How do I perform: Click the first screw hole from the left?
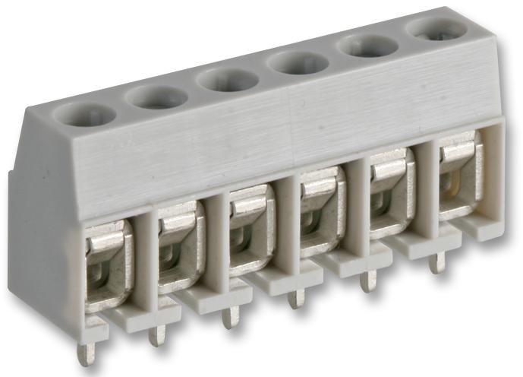[x=84, y=115]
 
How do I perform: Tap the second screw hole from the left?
[x=156, y=97]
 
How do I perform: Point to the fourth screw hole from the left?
[x=298, y=62]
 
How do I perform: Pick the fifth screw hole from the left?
[x=367, y=46]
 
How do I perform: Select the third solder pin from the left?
[x=228, y=316]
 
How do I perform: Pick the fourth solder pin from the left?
[x=297, y=298]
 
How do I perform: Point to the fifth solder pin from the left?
[x=368, y=281]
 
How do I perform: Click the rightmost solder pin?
[x=436, y=263]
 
